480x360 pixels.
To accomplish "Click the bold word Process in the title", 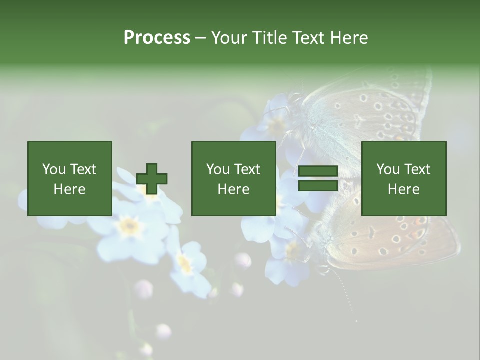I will [x=157, y=38].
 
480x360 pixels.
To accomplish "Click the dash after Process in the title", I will [x=200, y=38].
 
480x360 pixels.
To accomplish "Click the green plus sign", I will [x=152, y=179].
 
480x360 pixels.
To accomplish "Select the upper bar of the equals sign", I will [x=318, y=171].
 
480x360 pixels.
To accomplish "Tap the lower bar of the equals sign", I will [x=318, y=186].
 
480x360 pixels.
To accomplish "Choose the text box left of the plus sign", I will [x=69, y=178].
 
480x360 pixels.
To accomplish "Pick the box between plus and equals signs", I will [x=233, y=178].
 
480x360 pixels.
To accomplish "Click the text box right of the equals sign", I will [x=403, y=178].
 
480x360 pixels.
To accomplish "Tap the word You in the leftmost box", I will [x=53, y=169].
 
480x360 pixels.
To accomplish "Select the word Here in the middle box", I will [x=233, y=189].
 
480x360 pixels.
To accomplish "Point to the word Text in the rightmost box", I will [x=417, y=169].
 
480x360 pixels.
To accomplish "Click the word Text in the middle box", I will [x=247, y=169].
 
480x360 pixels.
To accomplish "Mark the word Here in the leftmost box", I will [x=69, y=189].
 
